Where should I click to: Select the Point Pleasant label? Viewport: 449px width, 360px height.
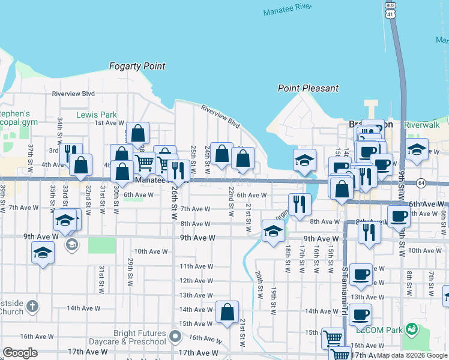308,88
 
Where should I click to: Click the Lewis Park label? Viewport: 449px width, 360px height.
97,115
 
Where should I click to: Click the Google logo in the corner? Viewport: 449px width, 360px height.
20,353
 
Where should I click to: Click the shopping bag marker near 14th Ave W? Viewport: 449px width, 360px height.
227,313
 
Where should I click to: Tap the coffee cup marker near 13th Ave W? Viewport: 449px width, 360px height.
361,274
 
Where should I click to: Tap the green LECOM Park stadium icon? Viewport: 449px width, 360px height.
412,328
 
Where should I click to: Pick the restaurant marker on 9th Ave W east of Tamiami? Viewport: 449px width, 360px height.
370,231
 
